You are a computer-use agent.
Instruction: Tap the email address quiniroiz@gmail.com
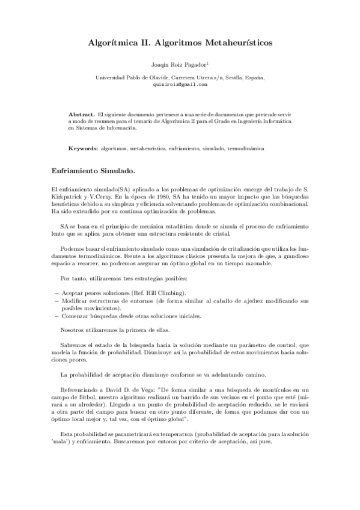pos(180,85)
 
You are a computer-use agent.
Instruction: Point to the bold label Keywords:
pos(84,147)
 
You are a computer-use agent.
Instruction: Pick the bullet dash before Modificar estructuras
pos(56,300)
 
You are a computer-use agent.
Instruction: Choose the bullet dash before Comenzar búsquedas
pos(56,315)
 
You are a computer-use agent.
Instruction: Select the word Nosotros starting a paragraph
pos(76,330)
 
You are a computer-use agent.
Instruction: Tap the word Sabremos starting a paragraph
pos(76,345)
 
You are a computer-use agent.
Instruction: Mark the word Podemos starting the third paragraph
pos(75,248)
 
